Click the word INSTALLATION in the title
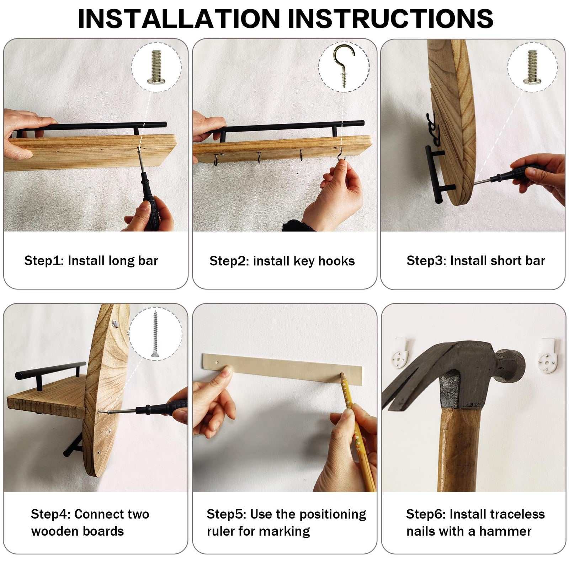tap(179, 18)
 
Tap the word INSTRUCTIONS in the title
tap(390, 18)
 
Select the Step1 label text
tap(91, 261)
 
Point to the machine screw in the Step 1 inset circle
tap(156, 67)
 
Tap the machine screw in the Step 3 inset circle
tap(532, 67)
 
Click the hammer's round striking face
tap(512, 366)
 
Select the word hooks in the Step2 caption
tap(336, 261)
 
